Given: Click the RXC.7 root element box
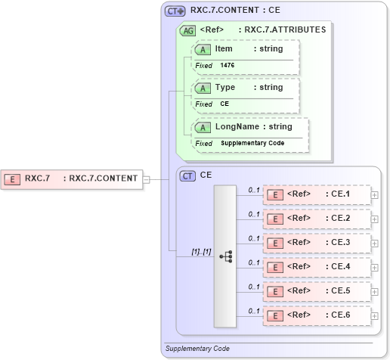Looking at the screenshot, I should tap(73, 178).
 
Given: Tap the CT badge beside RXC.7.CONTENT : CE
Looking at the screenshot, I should tap(175, 11).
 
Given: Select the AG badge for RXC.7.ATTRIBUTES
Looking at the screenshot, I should tap(187, 30).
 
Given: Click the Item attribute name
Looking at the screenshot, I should tap(224, 49).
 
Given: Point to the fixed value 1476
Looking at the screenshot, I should tap(227, 66).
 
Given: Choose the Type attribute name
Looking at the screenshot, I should tap(225, 88).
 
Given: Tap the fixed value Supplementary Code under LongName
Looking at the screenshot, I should tap(252, 143).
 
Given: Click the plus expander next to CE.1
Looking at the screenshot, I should tap(375, 194).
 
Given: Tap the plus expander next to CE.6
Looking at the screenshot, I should tap(375, 315).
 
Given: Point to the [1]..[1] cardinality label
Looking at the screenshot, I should tap(200, 250).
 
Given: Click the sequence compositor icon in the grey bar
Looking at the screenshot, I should tap(225, 256).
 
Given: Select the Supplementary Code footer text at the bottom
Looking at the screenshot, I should tap(198, 349).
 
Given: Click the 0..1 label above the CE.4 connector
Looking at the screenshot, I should tap(254, 261).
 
